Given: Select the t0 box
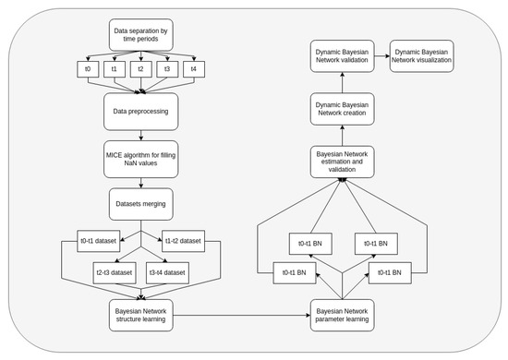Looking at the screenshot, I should pyautogui.click(x=86, y=68).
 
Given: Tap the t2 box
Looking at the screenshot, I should pyautogui.click(x=140, y=68).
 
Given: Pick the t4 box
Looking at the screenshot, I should pyautogui.click(x=193, y=68).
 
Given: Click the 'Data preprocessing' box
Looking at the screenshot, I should pyautogui.click(x=140, y=113).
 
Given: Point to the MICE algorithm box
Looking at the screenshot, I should pyautogui.click(x=140, y=158).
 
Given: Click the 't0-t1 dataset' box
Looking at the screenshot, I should pyautogui.click(x=98, y=242).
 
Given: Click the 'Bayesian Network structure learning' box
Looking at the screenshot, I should pyautogui.click(x=140, y=313).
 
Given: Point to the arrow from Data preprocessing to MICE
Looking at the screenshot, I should pyautogui.click(x=140, y=135).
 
